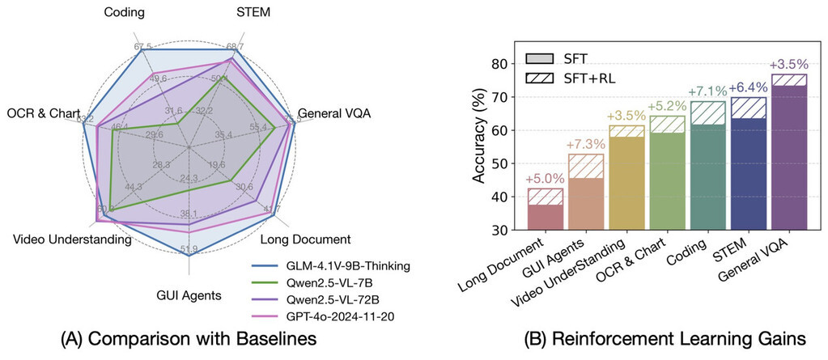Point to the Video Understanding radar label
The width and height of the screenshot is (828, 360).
coord(72,239)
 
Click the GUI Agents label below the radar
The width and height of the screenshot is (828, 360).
coord(189,294)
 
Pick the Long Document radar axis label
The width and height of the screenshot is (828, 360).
coord(306,239)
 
